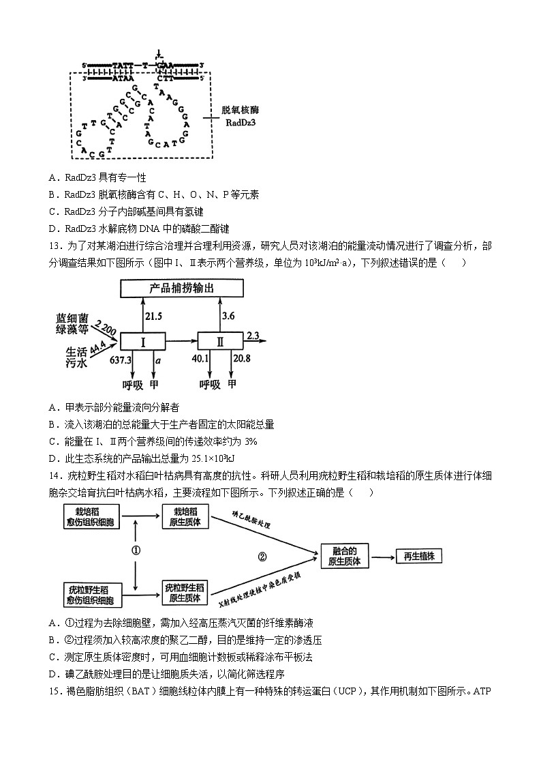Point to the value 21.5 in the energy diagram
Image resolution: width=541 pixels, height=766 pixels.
155,316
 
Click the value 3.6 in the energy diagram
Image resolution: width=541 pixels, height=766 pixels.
229,316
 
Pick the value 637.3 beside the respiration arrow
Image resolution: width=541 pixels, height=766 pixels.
120,359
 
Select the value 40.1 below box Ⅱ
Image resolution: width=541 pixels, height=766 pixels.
200,359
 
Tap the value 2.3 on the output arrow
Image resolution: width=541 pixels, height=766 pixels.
253,335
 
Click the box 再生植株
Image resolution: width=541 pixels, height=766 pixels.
418,557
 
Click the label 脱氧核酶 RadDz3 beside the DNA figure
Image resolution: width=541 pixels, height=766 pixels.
241,116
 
